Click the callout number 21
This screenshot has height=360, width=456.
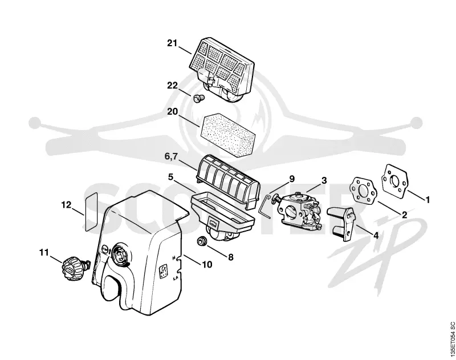pos(172,43)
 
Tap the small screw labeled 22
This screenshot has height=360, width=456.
pos(198,98)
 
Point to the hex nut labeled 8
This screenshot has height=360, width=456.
pos(201,241)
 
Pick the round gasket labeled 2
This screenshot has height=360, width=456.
pos(364,192)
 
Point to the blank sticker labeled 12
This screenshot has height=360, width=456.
pos(91,212)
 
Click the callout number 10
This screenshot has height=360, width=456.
pos(207,265)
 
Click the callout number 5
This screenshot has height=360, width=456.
pos(170,177)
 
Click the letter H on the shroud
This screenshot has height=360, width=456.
pos(174,258)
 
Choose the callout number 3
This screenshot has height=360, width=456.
pos(324,180)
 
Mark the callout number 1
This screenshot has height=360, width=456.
pos(427,200)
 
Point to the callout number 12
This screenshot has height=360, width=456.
pos(66,205)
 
